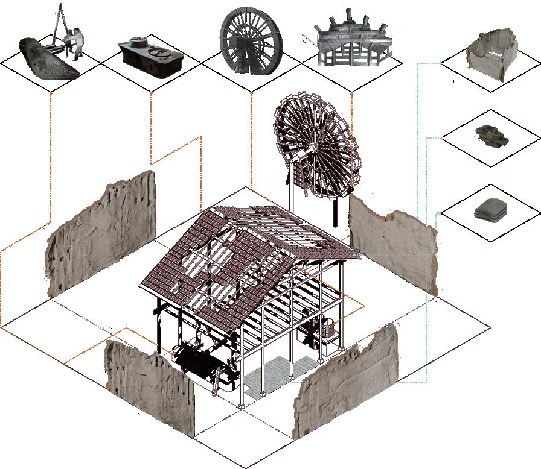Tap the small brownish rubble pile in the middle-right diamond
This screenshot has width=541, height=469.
click(x=490, y=136)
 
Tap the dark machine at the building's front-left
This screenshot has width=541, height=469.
click(x=196, y=362)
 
